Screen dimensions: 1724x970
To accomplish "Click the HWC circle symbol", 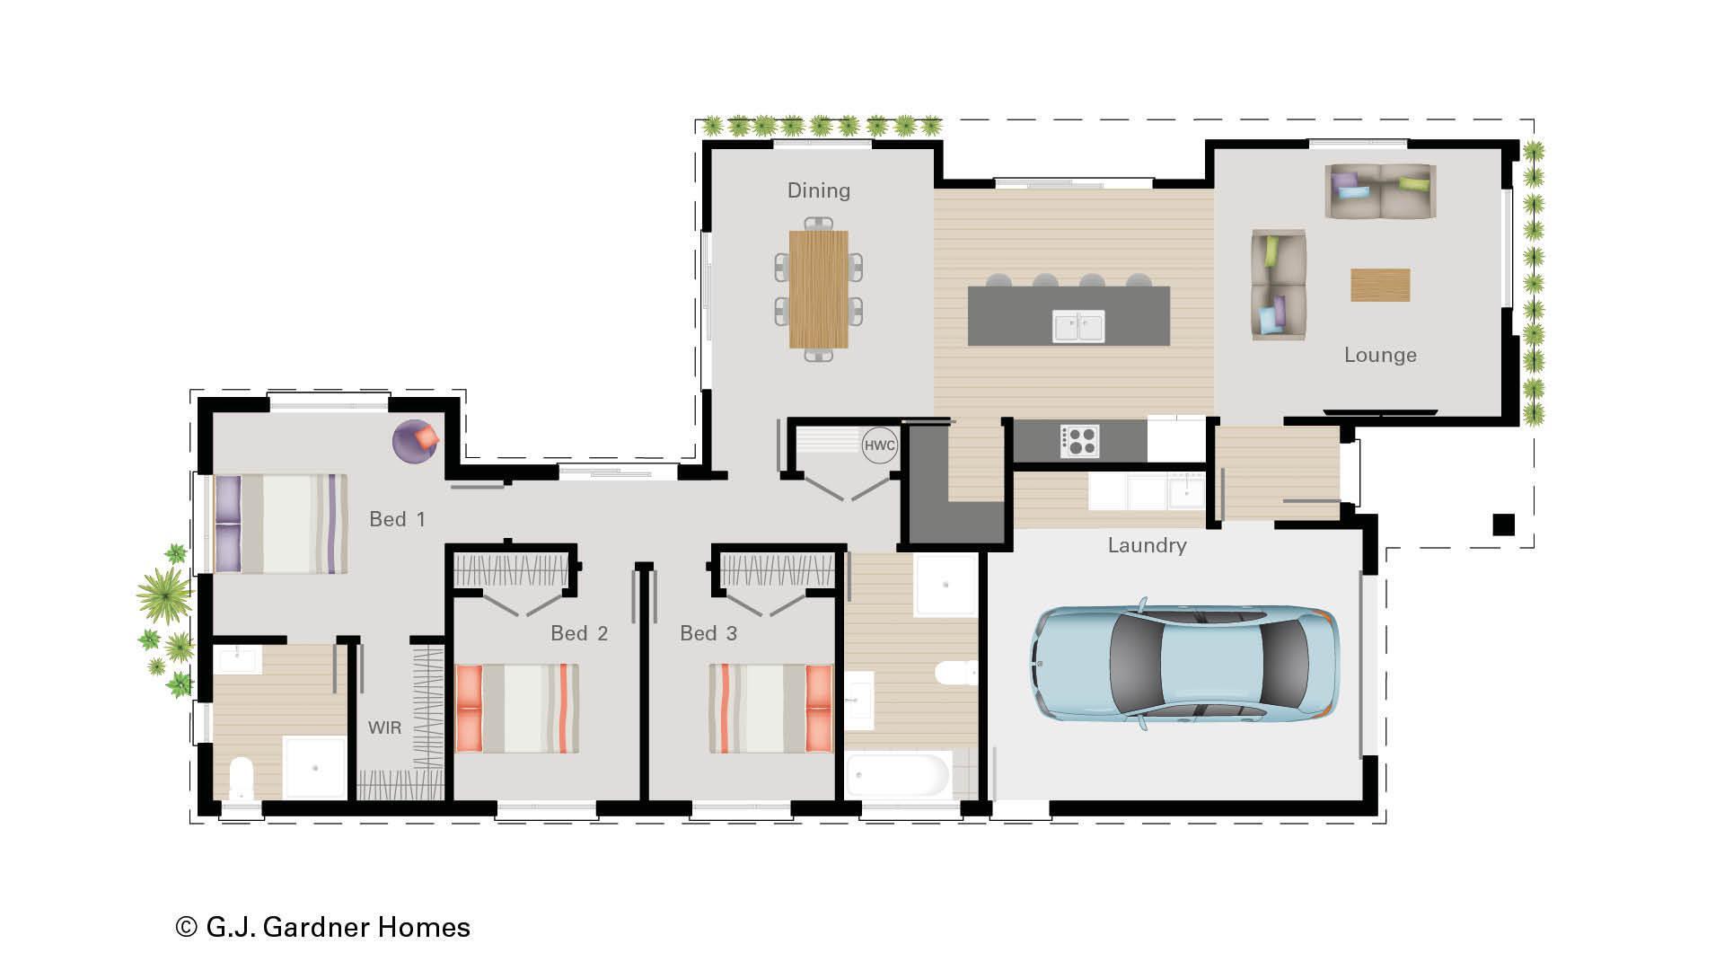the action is (x=880, y=445).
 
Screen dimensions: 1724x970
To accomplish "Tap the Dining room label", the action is (x=819, y=190).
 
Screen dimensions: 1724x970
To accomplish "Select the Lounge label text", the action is (x=1380, y=355).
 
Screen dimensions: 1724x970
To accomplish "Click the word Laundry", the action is (x=1147, y=545).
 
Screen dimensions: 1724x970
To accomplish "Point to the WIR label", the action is (x=384, y=727).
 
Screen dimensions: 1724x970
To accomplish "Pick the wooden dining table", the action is (x=819, y=289).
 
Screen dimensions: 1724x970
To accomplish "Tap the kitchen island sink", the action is (x=1078, y=327).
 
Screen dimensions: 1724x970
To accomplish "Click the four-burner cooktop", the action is (x=1079, y=441).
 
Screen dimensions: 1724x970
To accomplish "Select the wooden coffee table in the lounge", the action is (x=1380, y=286).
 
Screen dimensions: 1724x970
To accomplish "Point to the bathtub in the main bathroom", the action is (x=898, y=775).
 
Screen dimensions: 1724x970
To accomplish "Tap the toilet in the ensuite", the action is (x=242, y=778).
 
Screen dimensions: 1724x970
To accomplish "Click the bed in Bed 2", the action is (x=516, y=709).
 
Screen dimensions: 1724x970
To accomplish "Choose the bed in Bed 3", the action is (x=771, y=709).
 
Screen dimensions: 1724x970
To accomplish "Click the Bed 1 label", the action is (x=397, y=519).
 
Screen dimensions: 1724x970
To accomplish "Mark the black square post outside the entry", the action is (x=1504, y=525).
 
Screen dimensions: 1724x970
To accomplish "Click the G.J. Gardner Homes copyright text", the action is (x=323, y=927).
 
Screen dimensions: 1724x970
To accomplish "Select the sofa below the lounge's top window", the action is (x=1380, y=191).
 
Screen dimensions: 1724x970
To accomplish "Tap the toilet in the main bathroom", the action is (x=955, y=672).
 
